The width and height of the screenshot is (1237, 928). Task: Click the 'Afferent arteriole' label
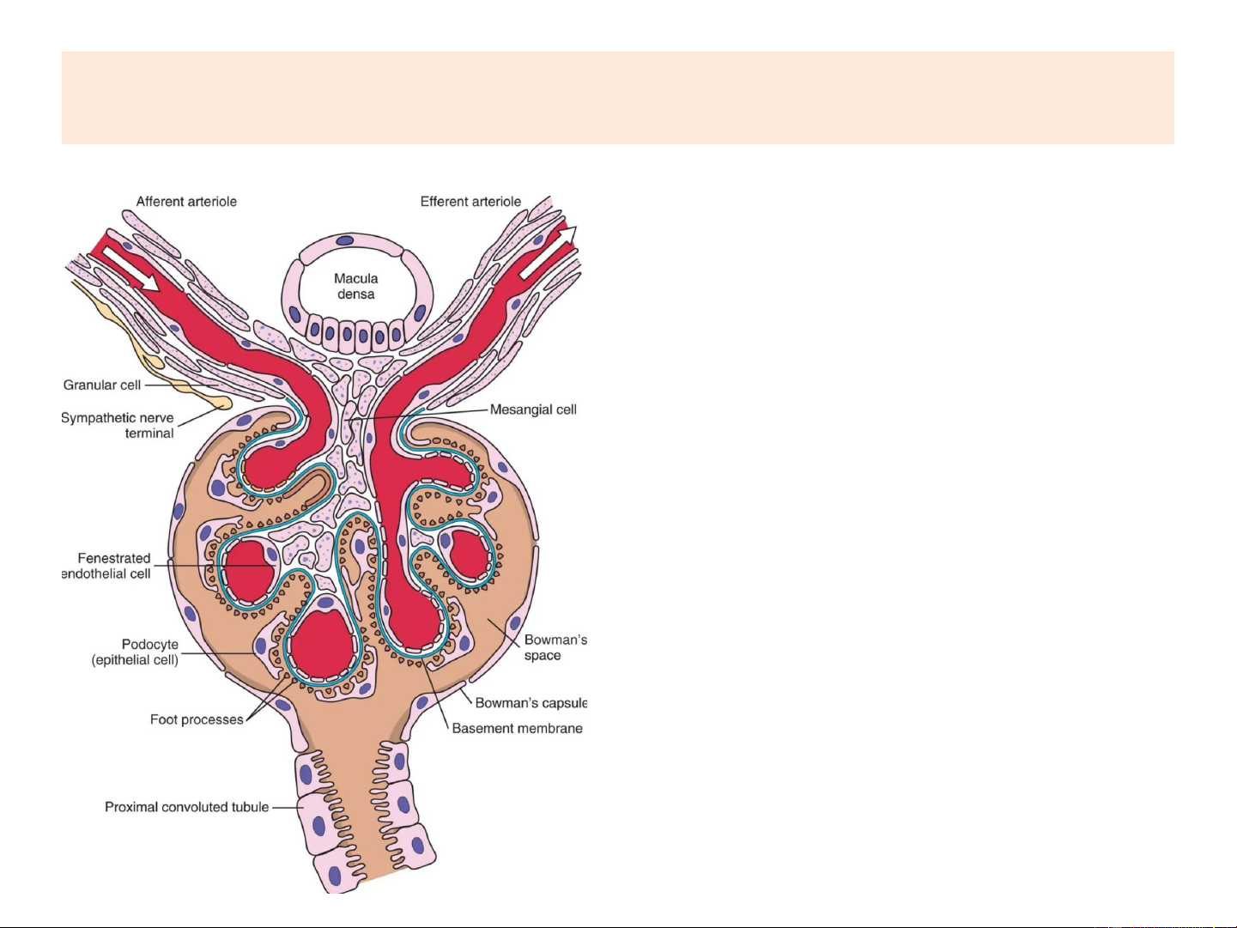[186, 202]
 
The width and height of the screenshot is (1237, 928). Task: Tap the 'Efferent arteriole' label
[470, 202]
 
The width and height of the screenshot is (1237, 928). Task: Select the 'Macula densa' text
[356, 286]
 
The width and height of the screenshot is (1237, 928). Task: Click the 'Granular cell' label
[102, 385]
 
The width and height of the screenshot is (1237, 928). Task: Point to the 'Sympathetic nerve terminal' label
[118, 425]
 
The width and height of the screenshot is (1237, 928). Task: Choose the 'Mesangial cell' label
[533, 409]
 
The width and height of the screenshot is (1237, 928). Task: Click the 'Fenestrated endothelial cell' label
[108, 566]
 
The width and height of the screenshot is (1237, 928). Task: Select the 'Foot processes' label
[197, 719]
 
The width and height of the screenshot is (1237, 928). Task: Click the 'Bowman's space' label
[555, 647]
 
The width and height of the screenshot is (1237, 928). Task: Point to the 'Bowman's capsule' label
[531, 703]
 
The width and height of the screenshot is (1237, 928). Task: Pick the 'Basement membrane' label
[517, 729]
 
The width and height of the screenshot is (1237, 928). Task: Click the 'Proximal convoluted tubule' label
[186, 807]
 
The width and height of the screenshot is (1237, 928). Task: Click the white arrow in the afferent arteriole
[127, 265]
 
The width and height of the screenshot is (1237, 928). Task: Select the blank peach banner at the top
[617, 97]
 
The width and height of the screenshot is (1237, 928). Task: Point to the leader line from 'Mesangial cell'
[429, 414]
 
